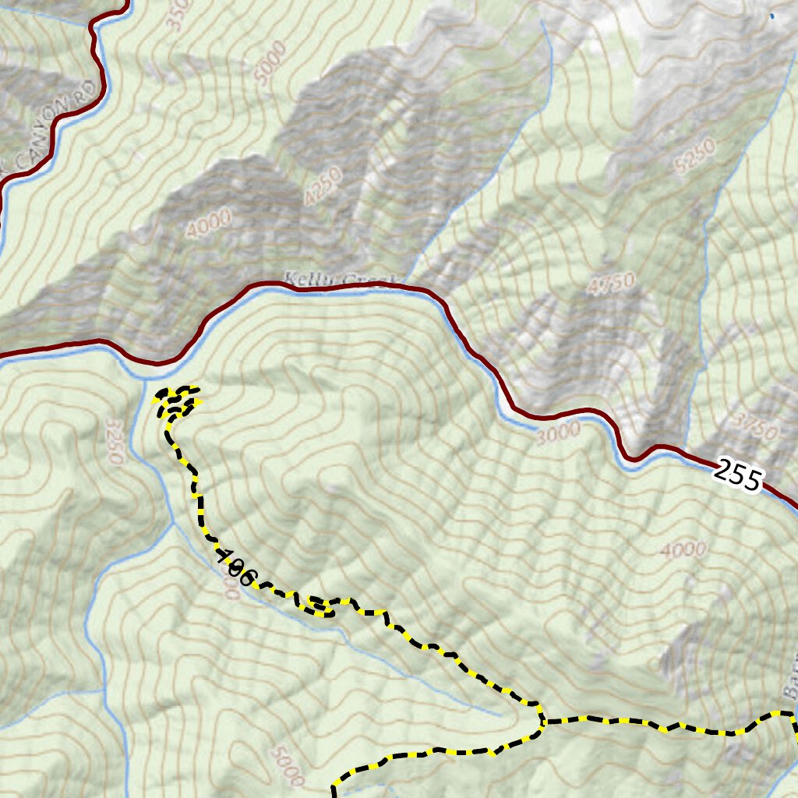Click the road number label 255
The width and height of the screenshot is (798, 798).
736,475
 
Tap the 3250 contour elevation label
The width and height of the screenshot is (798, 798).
114,441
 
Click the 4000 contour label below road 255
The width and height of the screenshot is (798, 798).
684,550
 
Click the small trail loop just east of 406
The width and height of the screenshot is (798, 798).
320,606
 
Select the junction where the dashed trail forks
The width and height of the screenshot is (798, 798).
542,722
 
